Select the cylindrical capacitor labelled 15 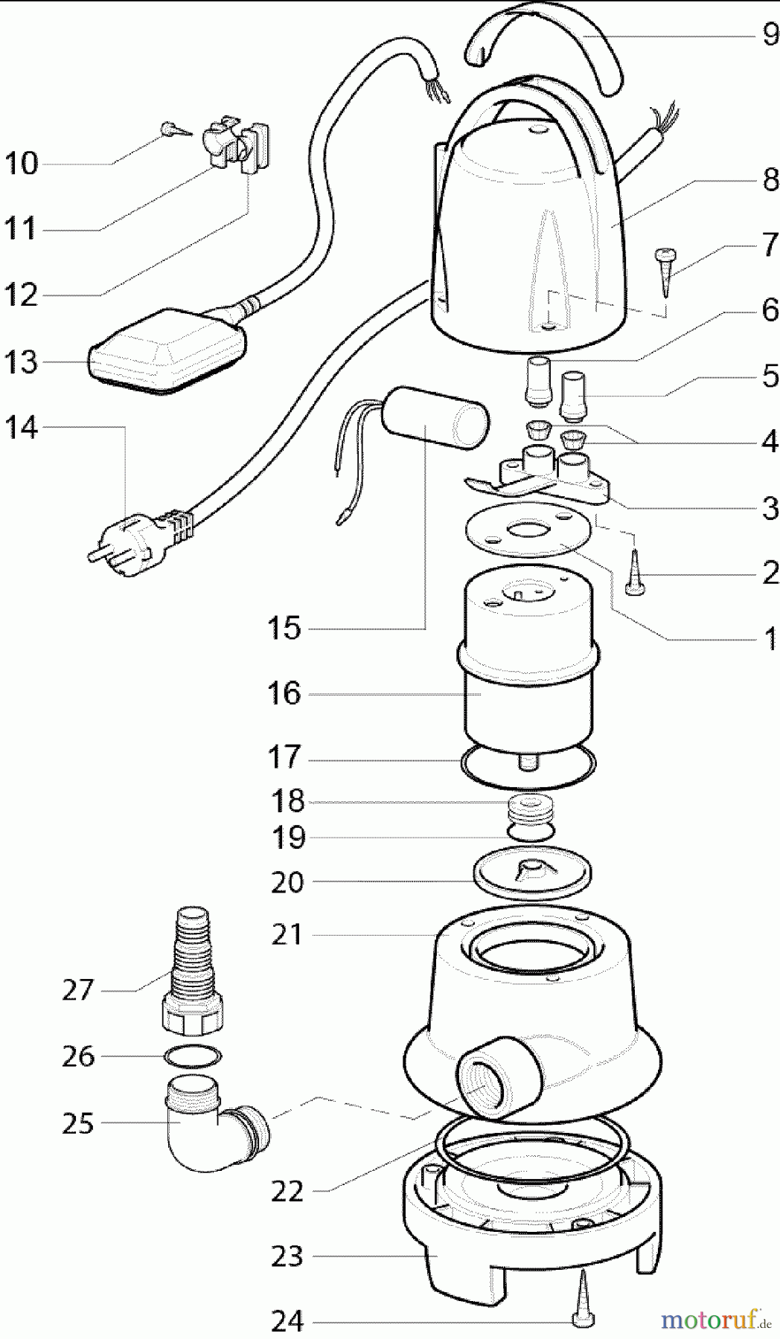pyautogui.click(x=437, y=418)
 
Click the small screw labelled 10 pyautogui.click(x=173, y=130)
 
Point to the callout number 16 pyautogui.click(x=284, y=693)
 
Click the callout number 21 pyautogui.click(x=287, y=934)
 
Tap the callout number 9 pyautogui.click(x=770, y=34)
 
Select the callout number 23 pyautogui.click(x=287, y=1256)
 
